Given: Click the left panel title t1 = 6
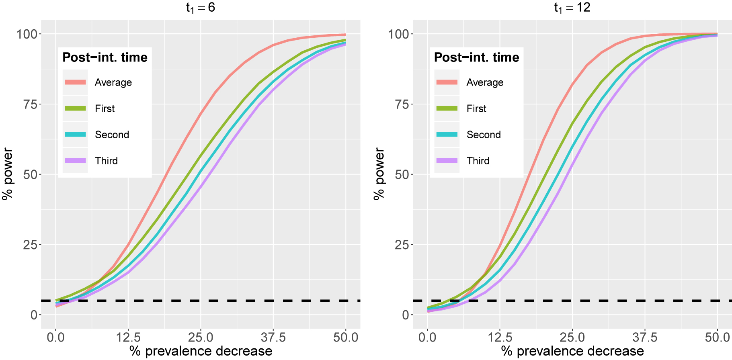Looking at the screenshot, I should point(201,8).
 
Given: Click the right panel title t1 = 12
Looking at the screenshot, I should point(572,8).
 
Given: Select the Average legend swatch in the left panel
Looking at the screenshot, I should point(75,82).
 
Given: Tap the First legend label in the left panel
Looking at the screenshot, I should point(105,108).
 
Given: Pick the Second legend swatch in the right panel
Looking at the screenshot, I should point(447,135).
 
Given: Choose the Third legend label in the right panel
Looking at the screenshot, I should point(478,161).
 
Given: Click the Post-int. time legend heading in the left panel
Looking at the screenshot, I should point(105,57).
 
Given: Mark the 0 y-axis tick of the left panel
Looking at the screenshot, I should point(34,315).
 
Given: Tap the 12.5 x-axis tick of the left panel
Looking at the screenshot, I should point(128,337).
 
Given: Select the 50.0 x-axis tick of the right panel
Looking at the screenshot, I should point(717,337).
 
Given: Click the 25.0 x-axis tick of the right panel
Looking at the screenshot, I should point(572,337).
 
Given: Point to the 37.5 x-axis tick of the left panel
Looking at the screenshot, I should point(273,337).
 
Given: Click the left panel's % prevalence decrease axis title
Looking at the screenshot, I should point(201,351).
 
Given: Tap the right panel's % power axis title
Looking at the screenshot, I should point(379,174).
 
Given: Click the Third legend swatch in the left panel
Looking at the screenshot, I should point(75,161).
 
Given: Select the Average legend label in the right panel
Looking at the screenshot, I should point(485,82).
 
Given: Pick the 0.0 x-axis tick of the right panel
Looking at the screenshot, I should point(427,337).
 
